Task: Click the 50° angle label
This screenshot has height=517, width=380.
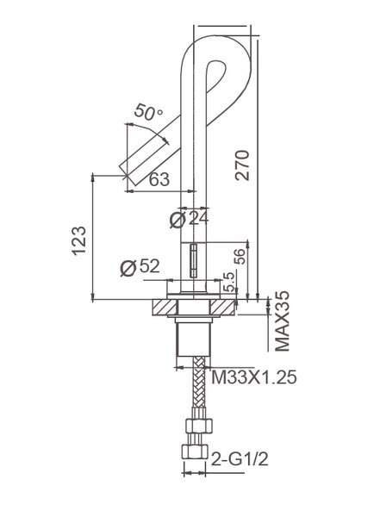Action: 148,112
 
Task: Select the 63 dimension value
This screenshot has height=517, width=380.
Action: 159,179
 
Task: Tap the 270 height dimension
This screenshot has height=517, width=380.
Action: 242,165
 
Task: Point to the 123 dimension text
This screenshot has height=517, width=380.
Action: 79,240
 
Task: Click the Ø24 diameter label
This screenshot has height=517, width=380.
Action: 190,219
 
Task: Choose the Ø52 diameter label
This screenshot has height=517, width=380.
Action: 140,266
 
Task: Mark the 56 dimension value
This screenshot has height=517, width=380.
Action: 240,256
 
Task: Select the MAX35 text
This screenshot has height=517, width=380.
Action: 283,321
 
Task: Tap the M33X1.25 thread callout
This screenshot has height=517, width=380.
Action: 253,377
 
